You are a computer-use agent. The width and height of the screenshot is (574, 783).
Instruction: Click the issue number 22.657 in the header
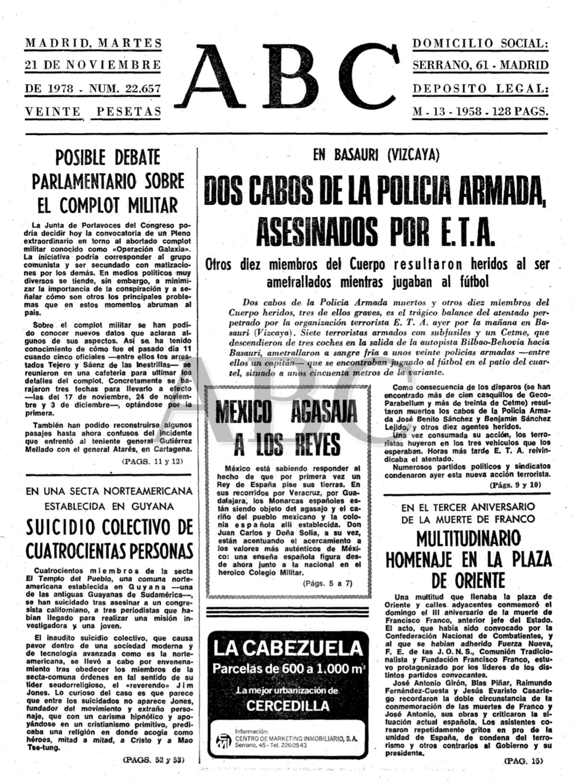click(142, 89)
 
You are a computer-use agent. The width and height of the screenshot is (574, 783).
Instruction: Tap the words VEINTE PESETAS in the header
click(93, 112)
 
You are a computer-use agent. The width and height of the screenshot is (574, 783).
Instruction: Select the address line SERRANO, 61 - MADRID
click(480, 66)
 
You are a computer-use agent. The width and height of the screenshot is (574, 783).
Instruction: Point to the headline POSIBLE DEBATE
click(108, 158)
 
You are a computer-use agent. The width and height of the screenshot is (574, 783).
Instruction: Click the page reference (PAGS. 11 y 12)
click(155, 461)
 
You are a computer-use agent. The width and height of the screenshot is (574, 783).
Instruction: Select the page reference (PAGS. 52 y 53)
click(155, 760)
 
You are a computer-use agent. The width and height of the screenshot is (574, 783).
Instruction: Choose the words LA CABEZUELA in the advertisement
click(288, 648)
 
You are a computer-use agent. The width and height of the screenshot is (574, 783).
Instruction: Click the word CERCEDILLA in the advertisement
click(288, 705)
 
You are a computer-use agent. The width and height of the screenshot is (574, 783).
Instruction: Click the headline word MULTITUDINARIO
click(468, 539)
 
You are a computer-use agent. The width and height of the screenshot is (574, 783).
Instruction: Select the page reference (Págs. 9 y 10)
click(515, 485)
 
